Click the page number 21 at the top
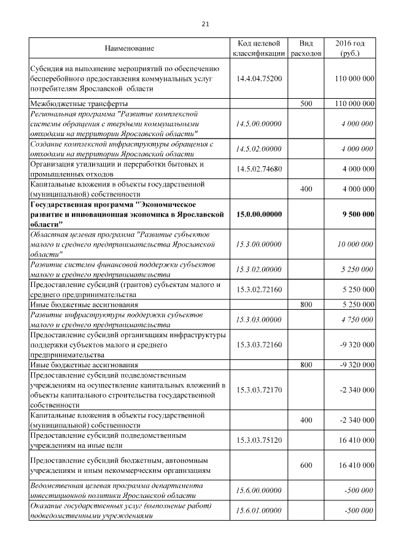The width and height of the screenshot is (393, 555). [205, 24]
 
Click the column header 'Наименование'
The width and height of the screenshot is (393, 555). [129, 48]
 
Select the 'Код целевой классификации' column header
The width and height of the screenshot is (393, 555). [259, 48]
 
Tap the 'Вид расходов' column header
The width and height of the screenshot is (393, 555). [306, 48]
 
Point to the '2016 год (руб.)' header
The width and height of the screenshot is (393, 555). [350, 48]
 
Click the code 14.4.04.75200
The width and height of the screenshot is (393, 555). [259, 79]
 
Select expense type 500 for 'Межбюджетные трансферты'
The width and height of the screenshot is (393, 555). [306, 104]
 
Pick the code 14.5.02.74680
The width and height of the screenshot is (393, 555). [259, 169]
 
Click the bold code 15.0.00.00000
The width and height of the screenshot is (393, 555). [259, 214]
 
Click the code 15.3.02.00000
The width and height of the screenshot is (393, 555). [259, 269]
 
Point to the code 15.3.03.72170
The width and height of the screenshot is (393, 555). [259, 389]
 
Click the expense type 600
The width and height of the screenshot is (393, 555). [306, 465]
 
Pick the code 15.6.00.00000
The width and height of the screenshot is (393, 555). [259, 490]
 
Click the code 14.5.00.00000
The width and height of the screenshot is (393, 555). [259, 123]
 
